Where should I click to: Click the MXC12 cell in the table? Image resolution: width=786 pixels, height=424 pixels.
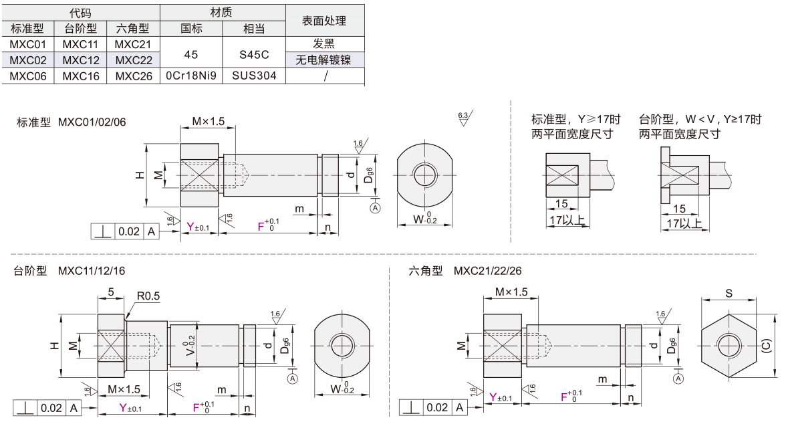point(80,60)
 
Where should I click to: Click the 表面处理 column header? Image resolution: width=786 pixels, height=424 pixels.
point(324,21)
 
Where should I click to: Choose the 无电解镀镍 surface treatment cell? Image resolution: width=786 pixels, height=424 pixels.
point(324,60)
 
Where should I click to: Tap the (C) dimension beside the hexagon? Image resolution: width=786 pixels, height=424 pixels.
point(766,346)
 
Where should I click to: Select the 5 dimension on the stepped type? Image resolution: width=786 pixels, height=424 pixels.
point(110,292)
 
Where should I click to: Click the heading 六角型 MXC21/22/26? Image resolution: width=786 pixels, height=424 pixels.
point(466,271)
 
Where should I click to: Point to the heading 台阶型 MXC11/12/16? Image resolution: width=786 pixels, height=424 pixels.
point(70,271)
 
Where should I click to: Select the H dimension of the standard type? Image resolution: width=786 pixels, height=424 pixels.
point(139,175)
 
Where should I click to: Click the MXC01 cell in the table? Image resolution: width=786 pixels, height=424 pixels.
point(28,44)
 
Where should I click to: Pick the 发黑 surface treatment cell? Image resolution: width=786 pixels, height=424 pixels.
point(324,44)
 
